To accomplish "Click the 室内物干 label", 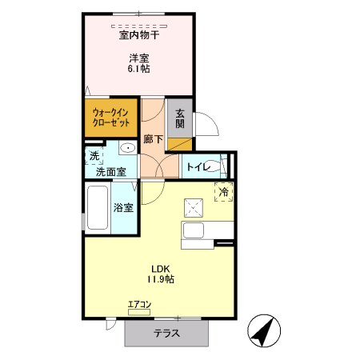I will pos(139,35).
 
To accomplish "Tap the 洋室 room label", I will pos(139,57).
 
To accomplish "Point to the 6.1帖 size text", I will pos(139,69).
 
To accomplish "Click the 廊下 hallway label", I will pos(153,138).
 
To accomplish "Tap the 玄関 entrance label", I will pos(180,118).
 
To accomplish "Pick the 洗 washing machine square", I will pos(94,155).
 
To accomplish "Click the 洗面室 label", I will pos(110,171).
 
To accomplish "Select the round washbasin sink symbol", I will pos(127,149).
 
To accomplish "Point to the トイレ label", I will pos(197,166).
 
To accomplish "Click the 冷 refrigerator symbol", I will pos(225,190).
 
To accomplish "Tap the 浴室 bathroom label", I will pos(123,208).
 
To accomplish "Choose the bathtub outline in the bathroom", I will pos(97,209).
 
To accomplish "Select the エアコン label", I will pos(139,304).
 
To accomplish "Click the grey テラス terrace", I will pos(167,333).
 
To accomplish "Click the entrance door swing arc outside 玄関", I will pos(202,126).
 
